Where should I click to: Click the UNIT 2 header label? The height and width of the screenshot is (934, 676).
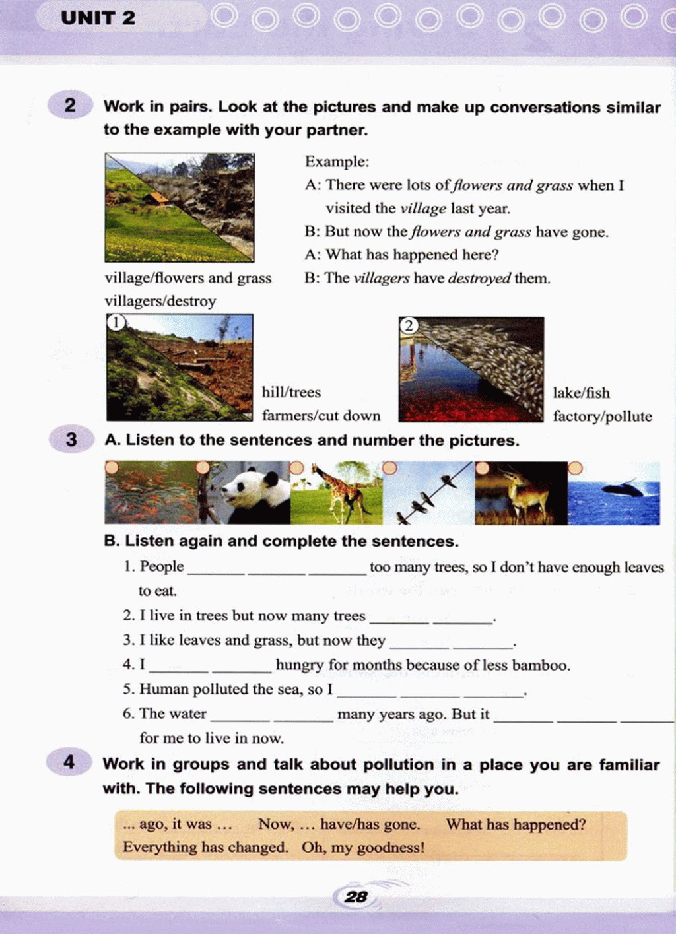pos(98,18)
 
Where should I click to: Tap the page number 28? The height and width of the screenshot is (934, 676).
pos(356,896)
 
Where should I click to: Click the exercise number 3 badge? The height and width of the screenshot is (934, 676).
pos(71,440)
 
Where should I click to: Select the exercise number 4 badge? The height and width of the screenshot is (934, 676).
pos(69,762)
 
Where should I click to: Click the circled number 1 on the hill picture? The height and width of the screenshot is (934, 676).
pos(116,322)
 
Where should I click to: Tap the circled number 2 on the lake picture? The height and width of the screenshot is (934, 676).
pos(409,325)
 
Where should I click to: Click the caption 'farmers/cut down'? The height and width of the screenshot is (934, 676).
pos(321,416)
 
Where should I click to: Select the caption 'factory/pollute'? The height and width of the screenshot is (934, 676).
pos(602,417)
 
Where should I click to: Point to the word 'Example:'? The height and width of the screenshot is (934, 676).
pos(337,162)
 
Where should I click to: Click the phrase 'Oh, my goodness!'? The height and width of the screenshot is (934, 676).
pos(363,848)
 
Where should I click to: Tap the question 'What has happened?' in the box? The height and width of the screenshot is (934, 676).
pos(516,824)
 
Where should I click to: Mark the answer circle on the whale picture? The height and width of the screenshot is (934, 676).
pos(575,468)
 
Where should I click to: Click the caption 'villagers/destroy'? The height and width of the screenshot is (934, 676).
pos(160,301)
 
